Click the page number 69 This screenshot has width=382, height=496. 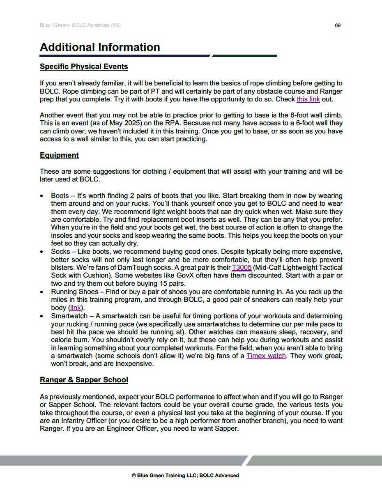[337, 25]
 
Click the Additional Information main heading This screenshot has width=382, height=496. [100, 47]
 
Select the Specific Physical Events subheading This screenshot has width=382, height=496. [84, 67]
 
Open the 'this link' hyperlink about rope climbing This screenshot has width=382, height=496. [308, 99]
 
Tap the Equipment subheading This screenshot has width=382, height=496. [59, 155]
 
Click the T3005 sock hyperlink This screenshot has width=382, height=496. [242, 268]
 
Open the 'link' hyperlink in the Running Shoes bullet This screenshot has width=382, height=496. [75, 308]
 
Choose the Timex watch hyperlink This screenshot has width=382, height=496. [266, 356]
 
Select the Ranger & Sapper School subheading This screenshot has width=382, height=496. [84, 380]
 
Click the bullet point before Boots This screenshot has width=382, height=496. [42, 196]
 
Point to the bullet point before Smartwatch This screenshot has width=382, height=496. [42, 317]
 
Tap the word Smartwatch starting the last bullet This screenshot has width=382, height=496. [69, 316]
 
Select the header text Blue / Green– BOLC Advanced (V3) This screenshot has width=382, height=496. [80, 25]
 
